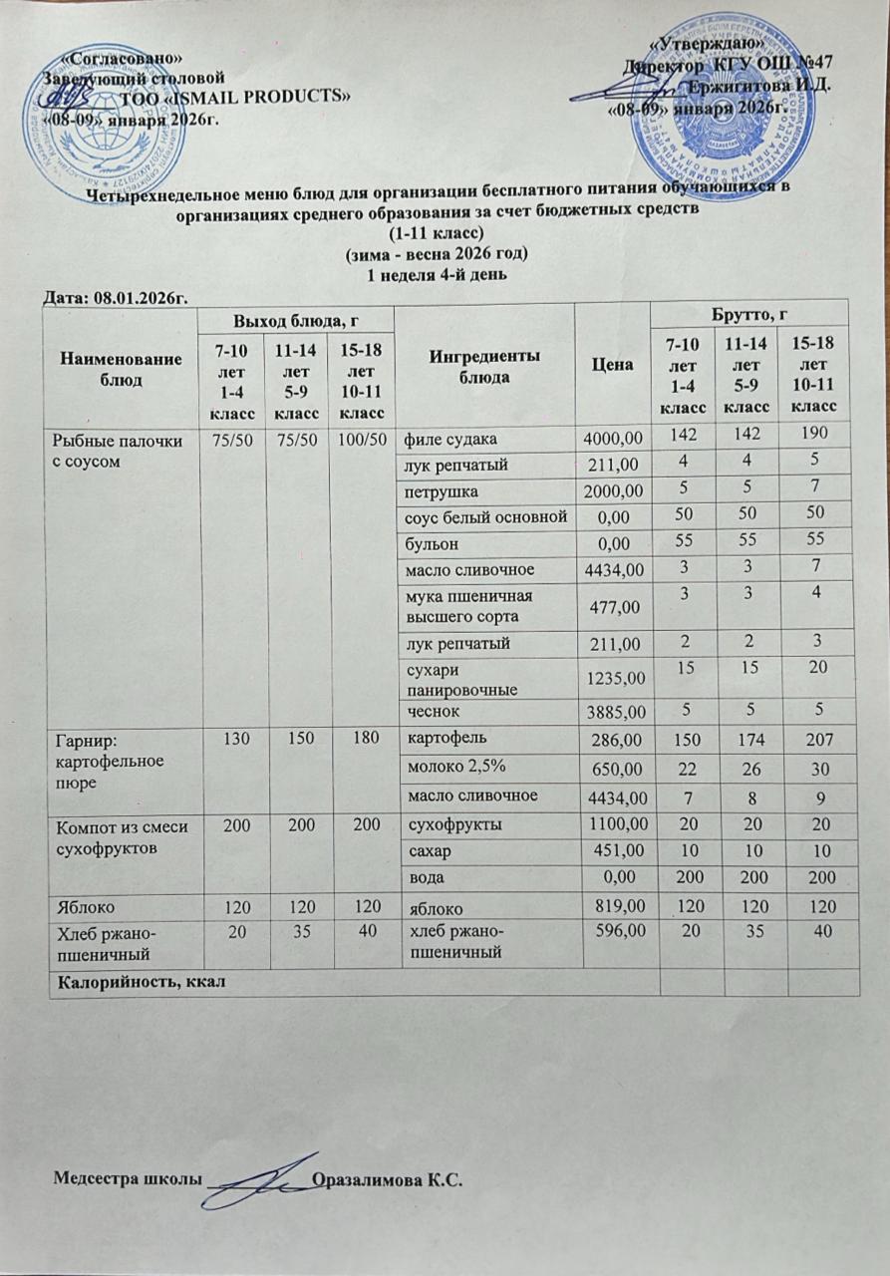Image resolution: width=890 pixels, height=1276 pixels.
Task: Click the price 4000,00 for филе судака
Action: point(613,437)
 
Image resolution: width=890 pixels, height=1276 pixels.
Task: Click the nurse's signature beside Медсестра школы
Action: point(262,1181)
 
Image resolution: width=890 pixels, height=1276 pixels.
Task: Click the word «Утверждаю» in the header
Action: point(707,44)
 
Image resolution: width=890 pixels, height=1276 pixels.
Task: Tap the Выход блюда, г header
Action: point(295,319)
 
